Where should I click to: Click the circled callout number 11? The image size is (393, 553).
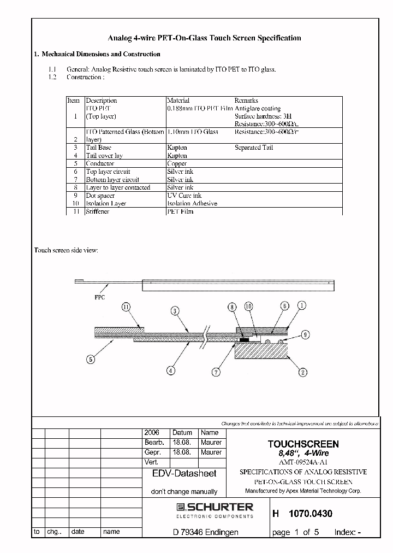coord(127,308)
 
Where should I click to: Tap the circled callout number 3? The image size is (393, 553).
coord(175,311)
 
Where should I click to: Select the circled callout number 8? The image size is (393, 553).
coord(233,308)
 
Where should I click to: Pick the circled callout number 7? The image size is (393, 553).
coord(217,373)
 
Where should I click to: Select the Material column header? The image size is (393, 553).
coord(178,101)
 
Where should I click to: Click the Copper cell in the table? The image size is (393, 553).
coord(177,163)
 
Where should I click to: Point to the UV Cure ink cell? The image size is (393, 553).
coord(184,195)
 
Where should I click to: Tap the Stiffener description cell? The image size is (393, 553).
coord(98,211)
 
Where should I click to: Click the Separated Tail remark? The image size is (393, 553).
coord(254,148)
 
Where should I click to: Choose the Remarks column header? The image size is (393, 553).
coord(246,101)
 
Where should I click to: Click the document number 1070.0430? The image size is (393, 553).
coord(310,514)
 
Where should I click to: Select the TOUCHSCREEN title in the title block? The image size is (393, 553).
coord(303,444)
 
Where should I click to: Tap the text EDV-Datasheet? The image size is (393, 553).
coord(184,474)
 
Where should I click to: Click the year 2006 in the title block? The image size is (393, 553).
coord(152,432)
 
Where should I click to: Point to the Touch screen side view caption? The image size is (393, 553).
coord(66,250)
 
